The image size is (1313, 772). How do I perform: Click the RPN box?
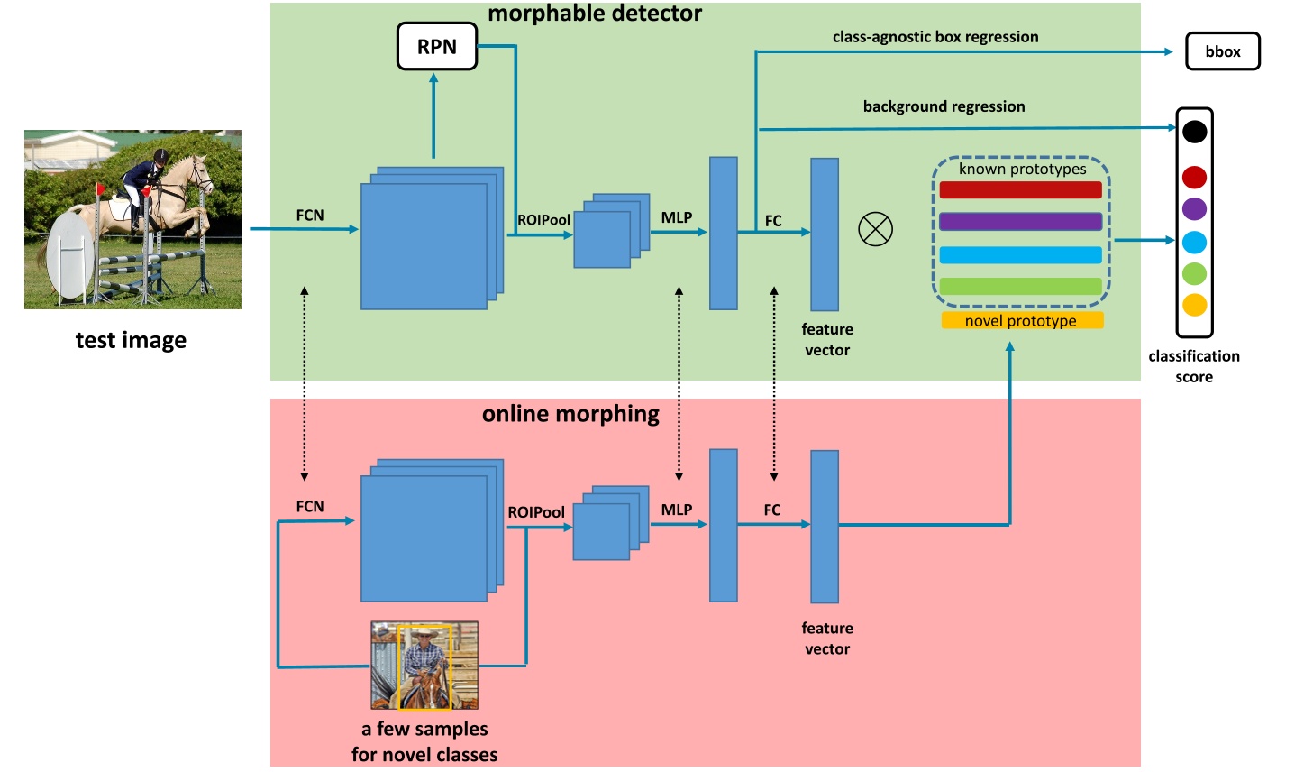coord(437,47)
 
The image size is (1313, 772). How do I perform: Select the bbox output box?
coord(1222,51)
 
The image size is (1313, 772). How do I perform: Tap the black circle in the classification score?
coord(1194,132)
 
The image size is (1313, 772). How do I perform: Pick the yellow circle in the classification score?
coord(1194,305)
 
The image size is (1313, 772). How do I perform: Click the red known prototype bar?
coord(1020,190)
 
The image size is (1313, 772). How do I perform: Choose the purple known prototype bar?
coord(1020,222)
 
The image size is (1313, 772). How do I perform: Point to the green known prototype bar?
coord(1020,286)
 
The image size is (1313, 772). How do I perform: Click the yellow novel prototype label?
coord(1021,321)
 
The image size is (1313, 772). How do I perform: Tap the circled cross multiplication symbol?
coord(875,229)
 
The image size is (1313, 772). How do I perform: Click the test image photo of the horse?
coord(132,219)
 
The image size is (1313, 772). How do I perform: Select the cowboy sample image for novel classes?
coord(424,666)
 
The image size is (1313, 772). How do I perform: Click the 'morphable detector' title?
coord(595,14)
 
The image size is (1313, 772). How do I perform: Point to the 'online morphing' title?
coord(570,414)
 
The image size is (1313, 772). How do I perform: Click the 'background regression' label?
coord(944,106)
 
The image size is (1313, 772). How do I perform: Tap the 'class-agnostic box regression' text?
coord(935,37)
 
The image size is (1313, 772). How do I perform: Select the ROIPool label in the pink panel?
coord(536,512)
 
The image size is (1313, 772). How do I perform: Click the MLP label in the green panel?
coord(677,217)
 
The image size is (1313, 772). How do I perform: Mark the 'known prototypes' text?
coord(1022,169)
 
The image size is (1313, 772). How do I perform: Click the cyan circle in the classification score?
coord(1194,242)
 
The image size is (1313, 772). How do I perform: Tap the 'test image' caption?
coord(131,340)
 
